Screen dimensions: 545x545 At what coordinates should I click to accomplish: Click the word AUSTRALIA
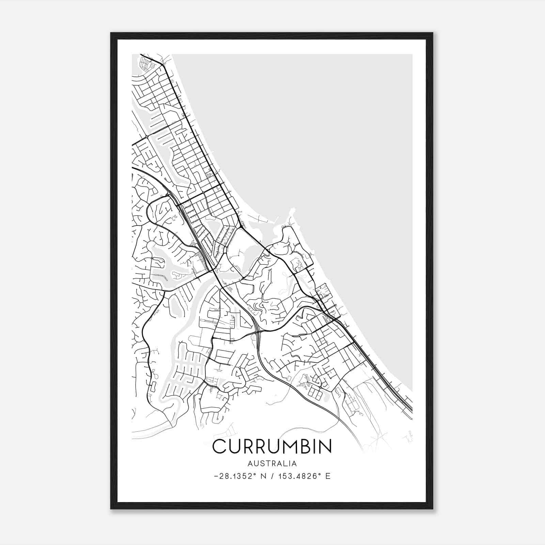pyautogui.click(x=272, y=464)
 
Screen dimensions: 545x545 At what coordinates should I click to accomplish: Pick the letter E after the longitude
pyautogui.click(x=328, y=476)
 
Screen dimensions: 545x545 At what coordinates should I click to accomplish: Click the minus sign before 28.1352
pyautogui.click(x=216, y=476)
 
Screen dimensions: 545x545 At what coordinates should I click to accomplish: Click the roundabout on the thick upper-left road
pyautogui.click(x=146, y=137)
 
